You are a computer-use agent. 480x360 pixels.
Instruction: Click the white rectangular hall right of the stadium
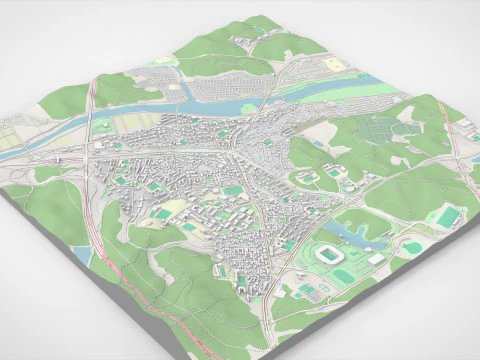(376, 259)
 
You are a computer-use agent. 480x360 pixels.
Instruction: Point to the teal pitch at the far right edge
(447, 216)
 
